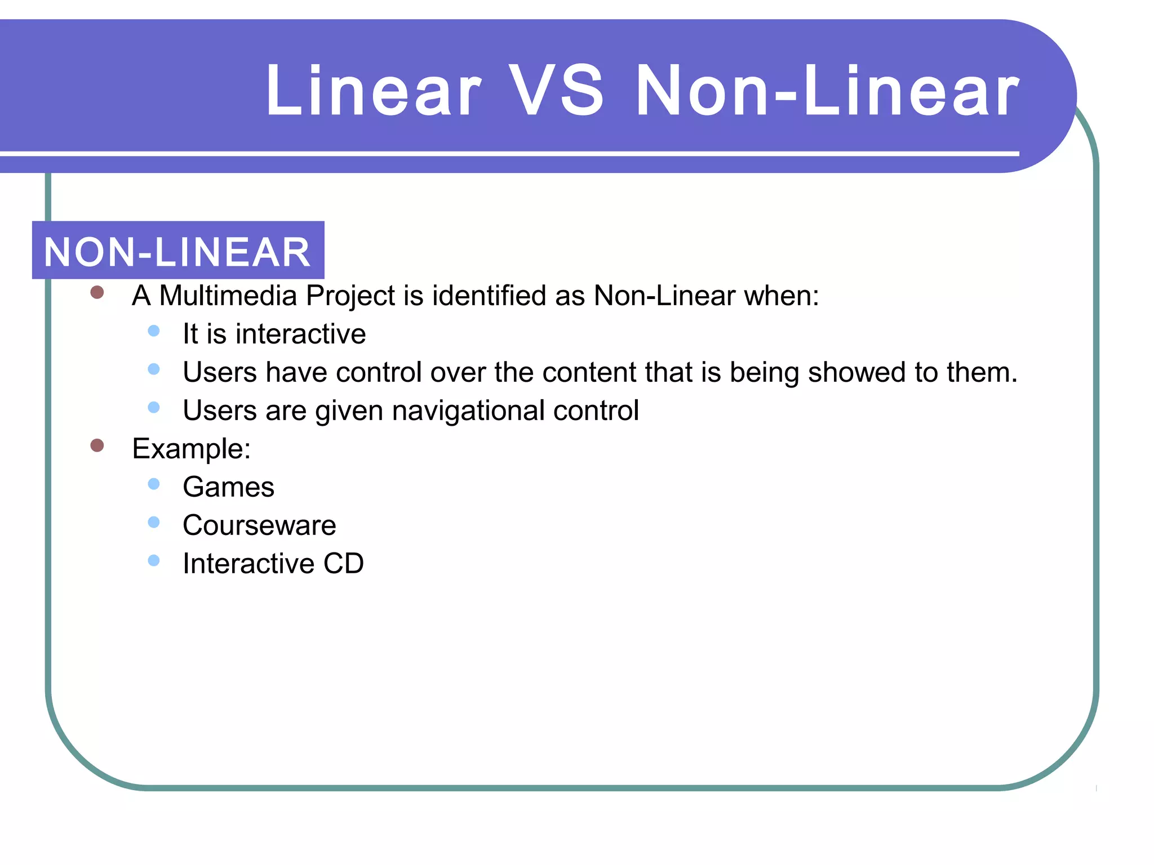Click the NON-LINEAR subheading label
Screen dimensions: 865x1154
click(x=177, y=251)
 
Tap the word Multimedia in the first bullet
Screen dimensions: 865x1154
click(x=228, y=296)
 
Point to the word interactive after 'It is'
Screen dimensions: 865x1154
click(x=300, y=334)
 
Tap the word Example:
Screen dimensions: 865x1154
click(x=191, y=449)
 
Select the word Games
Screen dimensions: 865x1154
click(x=228, y=487)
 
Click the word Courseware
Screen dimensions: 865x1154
click(x=259, y=525)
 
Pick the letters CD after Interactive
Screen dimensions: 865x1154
click(x=343, y=564)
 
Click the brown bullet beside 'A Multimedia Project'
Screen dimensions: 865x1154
click(x=97, y=292)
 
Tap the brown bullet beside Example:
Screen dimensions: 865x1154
click(x=97, y=445)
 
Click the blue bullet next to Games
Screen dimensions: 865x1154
click(x=154, y=484)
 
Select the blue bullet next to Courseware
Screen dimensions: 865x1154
click(x=154, y=522)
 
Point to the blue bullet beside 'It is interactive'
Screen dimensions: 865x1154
click(x=154, y=331)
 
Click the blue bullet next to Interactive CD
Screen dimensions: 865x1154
click(x=154, y=560)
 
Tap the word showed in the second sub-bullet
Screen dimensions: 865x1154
click(x=856, y=372)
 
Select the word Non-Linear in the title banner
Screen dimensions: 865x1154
click(x=827, y=91)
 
